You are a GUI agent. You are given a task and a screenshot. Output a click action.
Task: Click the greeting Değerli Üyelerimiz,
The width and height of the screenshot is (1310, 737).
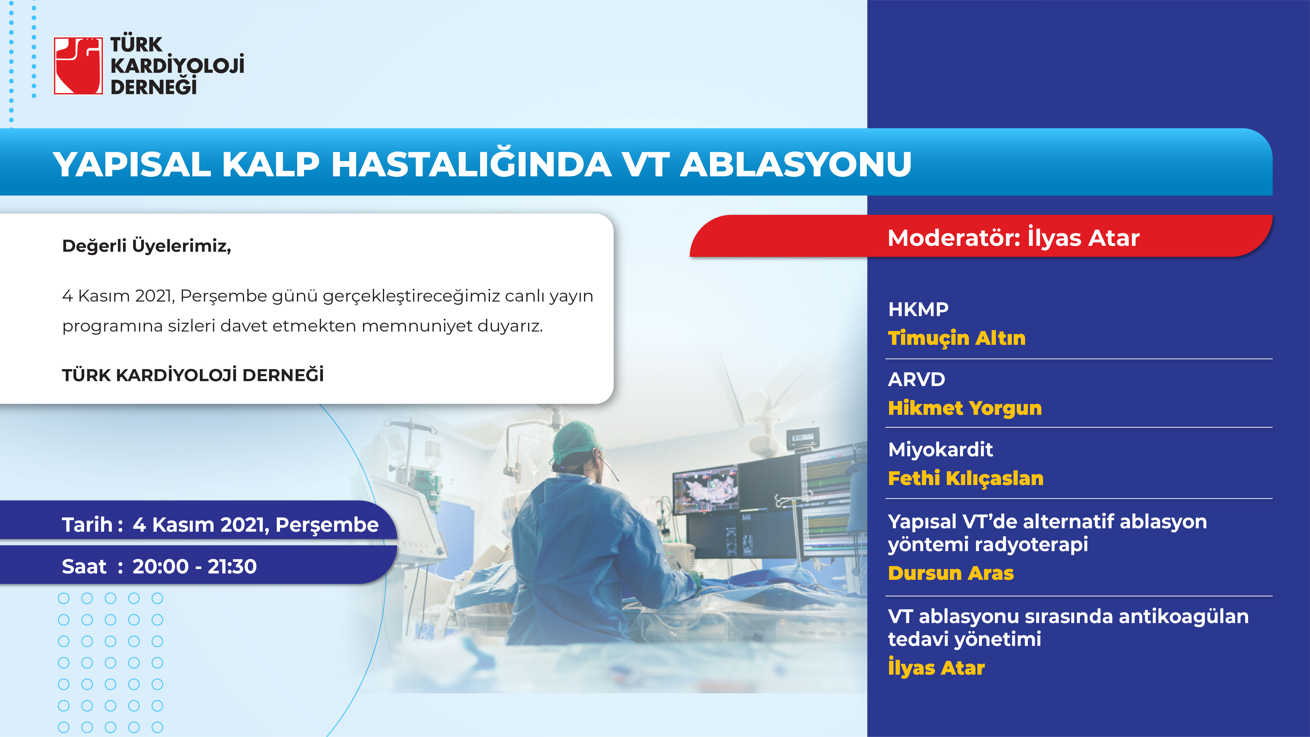point(146,246)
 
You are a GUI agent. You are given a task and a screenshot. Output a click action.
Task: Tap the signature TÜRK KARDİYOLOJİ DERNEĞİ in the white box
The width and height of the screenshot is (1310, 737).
point(193,375)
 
